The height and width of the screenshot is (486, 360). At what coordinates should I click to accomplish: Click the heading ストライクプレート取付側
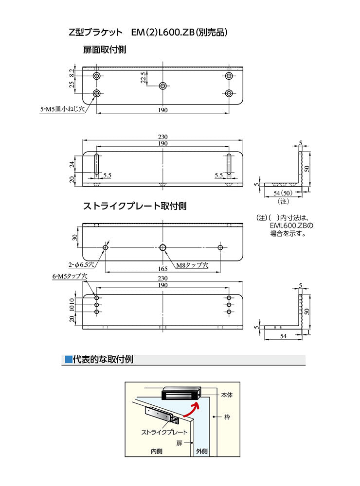pyautogui.click(x=135, y=206)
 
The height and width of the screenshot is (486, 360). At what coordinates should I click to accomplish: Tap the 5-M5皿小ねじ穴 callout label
pyautogui.click(x=62, y=110)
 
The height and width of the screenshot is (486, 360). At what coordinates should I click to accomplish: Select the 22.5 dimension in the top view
pyautogui.click(x=143, y=78)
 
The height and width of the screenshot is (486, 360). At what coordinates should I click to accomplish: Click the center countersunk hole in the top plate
pyautogui.click(x=163, y=86)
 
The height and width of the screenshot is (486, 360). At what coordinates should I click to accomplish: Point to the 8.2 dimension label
pyautogui.click(x=72, y=72)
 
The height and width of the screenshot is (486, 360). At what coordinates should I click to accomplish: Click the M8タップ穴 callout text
pyautogui.click(x=192, y=265)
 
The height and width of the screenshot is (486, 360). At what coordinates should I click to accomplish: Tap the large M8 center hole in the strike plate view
pyautogui.click(x=163, y=248)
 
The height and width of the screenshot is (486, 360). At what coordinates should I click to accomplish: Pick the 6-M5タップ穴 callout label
pyautogui.click(x=69, y=276)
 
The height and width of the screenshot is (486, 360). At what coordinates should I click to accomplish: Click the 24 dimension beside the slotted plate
pyautogui.click(x=72, y=165)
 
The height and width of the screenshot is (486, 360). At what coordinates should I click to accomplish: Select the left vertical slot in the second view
pyautogui.click(x=97, y=164)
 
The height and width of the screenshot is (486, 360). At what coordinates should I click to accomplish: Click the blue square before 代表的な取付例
pyautogui.click(x=68, y=360)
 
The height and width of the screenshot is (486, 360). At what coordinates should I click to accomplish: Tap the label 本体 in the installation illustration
pyautogui.click(x=227, y=395)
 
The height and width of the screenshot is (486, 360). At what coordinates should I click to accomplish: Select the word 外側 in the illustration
pyautogui.click(x=201, y=451)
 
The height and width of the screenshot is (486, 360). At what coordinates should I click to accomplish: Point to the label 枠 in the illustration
pyautogui.click(x=227, y=417)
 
